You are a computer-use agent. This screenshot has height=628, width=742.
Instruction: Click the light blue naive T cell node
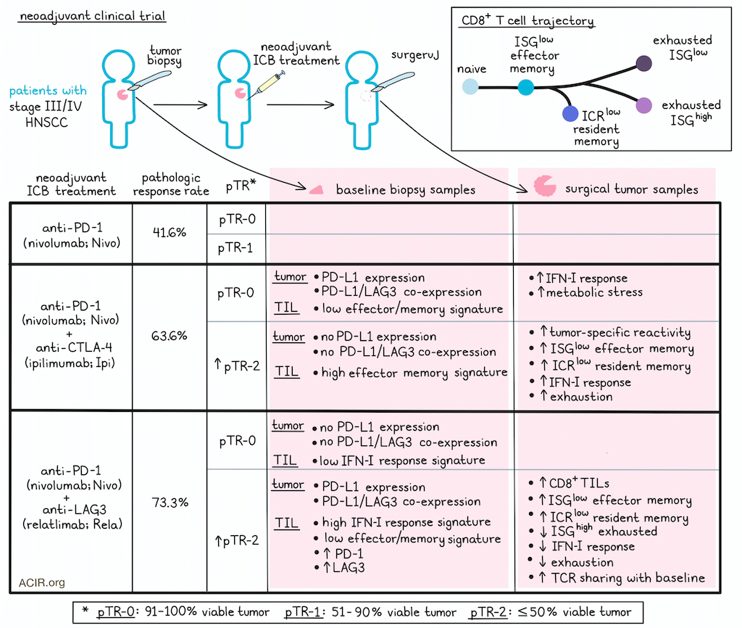pos(470,87)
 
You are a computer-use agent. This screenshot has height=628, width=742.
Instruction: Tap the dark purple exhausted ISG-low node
pos(643,63)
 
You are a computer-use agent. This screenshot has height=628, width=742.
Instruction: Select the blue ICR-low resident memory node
pos(570,114)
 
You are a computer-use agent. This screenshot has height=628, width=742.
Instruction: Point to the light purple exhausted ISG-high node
pos(643,105)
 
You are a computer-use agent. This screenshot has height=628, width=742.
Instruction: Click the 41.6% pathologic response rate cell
pos(170,233)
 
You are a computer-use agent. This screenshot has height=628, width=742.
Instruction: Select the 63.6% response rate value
pos(170,336)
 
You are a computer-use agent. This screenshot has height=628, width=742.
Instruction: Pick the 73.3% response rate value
pos(170,503)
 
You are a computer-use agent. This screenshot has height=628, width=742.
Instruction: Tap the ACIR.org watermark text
pos(41,582)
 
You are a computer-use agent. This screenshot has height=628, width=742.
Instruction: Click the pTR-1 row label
pos(235,248)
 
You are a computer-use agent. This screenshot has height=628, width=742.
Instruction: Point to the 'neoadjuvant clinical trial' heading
pos(93,16)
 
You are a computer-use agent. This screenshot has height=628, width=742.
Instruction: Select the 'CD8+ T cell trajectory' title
pos(528,20)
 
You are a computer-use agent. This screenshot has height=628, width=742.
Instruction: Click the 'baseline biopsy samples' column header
pos(406,189)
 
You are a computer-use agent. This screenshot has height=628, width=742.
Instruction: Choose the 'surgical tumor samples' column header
pos(632,189)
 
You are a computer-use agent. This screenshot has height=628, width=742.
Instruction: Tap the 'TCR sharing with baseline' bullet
pos(628,578)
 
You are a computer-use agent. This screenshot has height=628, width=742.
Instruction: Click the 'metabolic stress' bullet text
pos(594,292)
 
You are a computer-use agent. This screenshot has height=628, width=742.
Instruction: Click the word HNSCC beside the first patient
pos(46,122)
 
